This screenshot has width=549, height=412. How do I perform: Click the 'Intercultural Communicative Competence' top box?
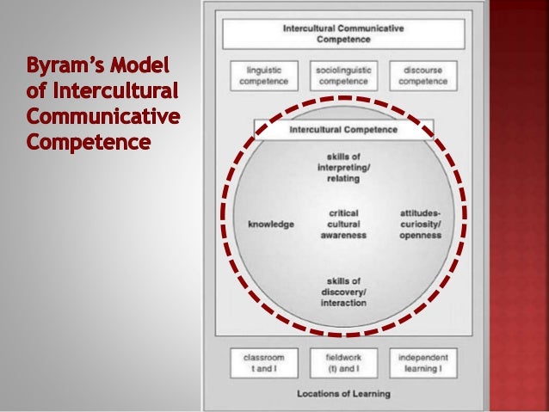pyautogui.click(x=343, y=34)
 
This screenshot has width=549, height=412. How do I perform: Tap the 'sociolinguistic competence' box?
pyautogui.click(x=342, y=75)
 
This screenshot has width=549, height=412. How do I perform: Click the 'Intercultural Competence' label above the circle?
pyautogui.click(x=343, y=129)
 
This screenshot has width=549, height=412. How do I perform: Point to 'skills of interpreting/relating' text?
pyautogui.click(x=343, y=168)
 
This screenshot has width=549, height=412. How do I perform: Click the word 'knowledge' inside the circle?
pyautogui.click(x=271, y=224)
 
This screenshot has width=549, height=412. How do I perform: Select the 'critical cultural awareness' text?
pyautogui.click(x=343, y=224)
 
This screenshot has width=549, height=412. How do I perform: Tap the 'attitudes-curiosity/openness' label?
pyautogui.click(x=421, y=224)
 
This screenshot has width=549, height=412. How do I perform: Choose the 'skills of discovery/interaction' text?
pyautogui.click(x=343, y=292)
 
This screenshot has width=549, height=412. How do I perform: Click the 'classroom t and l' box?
pyautogui.click(x=263, y=361)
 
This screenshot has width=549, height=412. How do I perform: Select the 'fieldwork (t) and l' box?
pyautogui.click(x=342, y=361)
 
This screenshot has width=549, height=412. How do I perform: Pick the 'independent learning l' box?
pyautogui.click(x=423, y=361)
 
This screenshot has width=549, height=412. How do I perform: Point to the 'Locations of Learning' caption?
pyautogui.click(x=343, y=394)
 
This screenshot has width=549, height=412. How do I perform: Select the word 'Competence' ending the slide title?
pyautogui.click(x=77, y=139)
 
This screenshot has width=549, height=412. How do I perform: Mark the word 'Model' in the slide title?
pyautogui.click(x=144, y=66)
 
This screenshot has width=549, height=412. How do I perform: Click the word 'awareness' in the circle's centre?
pyautogui.click(x=343, y=235)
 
